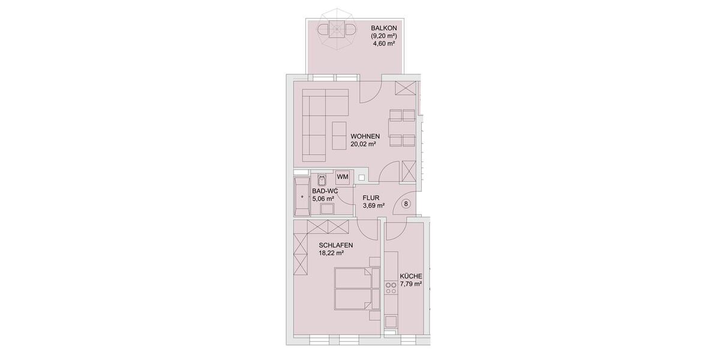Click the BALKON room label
coord(384,28)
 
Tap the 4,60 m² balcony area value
coord(384,44)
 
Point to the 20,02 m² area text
coord(363,144)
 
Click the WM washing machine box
coord(343,176)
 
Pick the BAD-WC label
coord(325,191)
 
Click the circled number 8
coord(406,203)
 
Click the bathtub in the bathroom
coord(301,195)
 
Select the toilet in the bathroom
coord(321,179)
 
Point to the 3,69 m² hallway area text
coord(373,205)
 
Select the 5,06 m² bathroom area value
coord(323,199)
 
